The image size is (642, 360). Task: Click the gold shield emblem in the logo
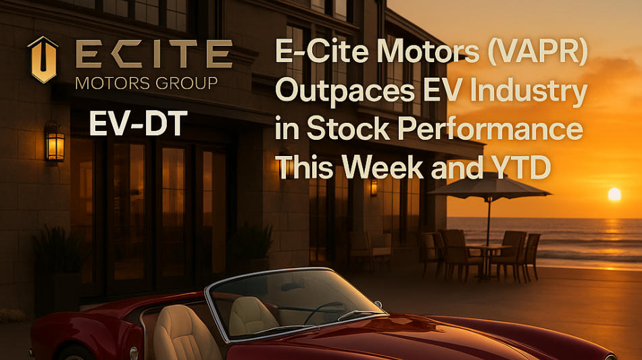tap(43, 59)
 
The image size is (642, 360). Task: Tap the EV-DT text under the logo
tap(139, 123)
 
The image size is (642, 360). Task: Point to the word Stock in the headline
tap(348, 128)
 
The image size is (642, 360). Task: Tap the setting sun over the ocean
tap(614, 194)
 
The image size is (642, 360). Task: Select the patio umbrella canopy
tap(489, 186)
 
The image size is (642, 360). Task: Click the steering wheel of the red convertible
tap(322, 312)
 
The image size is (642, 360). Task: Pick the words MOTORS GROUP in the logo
tap(147, 83)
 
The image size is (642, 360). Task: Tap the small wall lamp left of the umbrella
tap(374, 188)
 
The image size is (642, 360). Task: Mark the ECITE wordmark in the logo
tap(154, 53)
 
